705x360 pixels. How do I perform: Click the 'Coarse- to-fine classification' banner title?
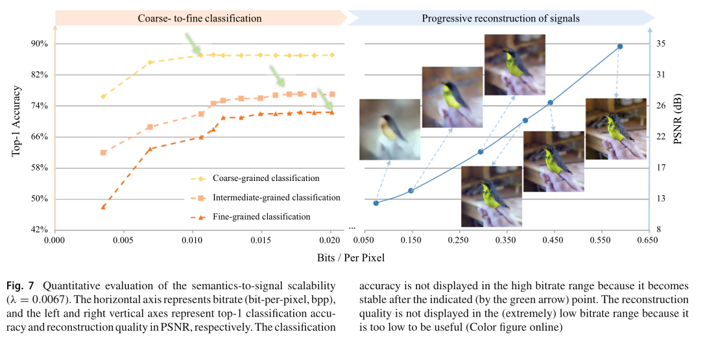pos(200,18)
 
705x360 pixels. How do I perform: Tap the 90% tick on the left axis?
pos(40,44)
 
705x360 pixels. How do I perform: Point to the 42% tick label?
pos(40,230)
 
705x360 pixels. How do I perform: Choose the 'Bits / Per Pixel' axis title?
pos(350,258)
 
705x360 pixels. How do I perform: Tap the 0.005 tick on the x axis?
pos(123,241)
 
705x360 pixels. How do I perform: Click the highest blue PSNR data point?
pos(620,47)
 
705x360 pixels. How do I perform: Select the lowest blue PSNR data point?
pos(376,203)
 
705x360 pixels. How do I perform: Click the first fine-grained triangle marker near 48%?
pos(103,207)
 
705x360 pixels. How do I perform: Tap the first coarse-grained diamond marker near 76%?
pos(103,97)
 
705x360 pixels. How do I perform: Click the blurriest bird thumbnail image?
pos(390,129)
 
